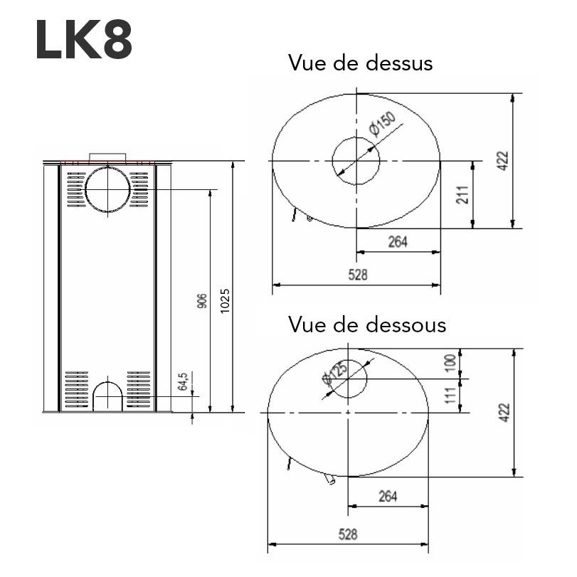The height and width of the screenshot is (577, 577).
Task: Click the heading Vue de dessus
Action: coord(360,63)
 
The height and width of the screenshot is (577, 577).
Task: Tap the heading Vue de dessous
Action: coord(367,324)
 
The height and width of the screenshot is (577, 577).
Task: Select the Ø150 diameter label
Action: coord(383,126)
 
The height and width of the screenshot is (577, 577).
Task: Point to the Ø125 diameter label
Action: coord(334,373)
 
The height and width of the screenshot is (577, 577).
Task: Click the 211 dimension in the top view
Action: coord(462,194)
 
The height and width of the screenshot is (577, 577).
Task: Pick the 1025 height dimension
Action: coord(226,301)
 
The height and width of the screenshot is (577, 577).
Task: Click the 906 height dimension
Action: coord(202,301)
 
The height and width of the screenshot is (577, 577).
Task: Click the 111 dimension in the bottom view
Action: coord(448,395)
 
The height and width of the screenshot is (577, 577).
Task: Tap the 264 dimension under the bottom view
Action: coord(388,496)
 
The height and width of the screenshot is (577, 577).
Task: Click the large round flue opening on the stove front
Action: coord(107,189)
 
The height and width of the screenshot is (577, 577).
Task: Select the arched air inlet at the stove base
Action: coord(107,395)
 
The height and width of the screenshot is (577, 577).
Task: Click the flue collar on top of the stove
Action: coord(107,157)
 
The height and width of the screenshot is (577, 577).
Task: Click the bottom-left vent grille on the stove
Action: coord(75,389)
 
